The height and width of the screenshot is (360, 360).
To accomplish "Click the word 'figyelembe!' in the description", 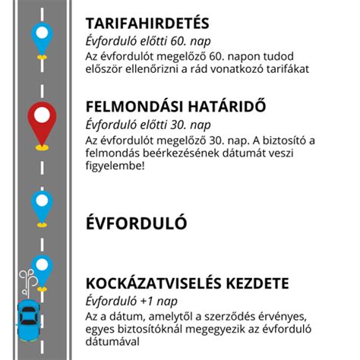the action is click(115, 167).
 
